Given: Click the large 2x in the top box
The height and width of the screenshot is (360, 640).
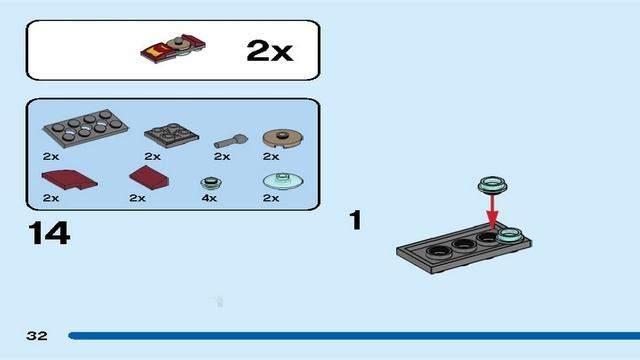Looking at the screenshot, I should [269, 50].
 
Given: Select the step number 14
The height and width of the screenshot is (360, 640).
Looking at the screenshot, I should [49, 233].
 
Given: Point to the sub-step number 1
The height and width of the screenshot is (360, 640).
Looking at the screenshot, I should [354, 219].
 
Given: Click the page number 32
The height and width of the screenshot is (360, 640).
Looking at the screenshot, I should [37, 336].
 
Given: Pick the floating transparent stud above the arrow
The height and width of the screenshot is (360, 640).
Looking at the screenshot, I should [492, 184].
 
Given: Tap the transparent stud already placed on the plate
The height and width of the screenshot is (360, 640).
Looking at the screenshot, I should [510, 236].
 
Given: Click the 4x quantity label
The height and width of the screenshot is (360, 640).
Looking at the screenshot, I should [208, 198].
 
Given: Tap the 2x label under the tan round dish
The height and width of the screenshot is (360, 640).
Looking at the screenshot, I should [271, 156].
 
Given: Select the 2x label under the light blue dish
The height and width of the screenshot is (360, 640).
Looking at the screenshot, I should [271, 198].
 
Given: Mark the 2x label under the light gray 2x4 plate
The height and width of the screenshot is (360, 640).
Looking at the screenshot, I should [51, 156].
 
